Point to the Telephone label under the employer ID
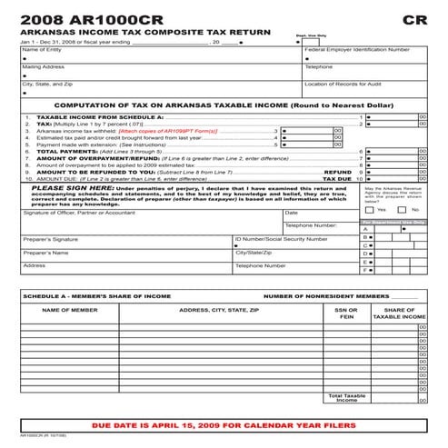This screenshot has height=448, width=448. point(319,66)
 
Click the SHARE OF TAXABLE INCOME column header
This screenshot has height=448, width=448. point(399,314)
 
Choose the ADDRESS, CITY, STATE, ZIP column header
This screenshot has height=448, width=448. point(218,310)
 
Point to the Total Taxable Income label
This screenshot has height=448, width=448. point(346,398)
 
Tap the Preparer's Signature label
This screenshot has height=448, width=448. point(50,238)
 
